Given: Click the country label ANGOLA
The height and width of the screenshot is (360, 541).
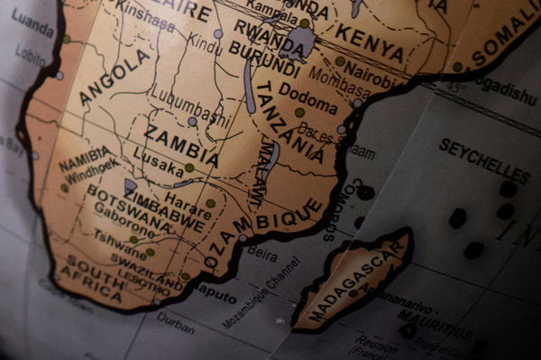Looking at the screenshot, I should (115, 77).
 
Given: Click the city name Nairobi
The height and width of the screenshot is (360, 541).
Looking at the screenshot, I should (371, 72).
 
